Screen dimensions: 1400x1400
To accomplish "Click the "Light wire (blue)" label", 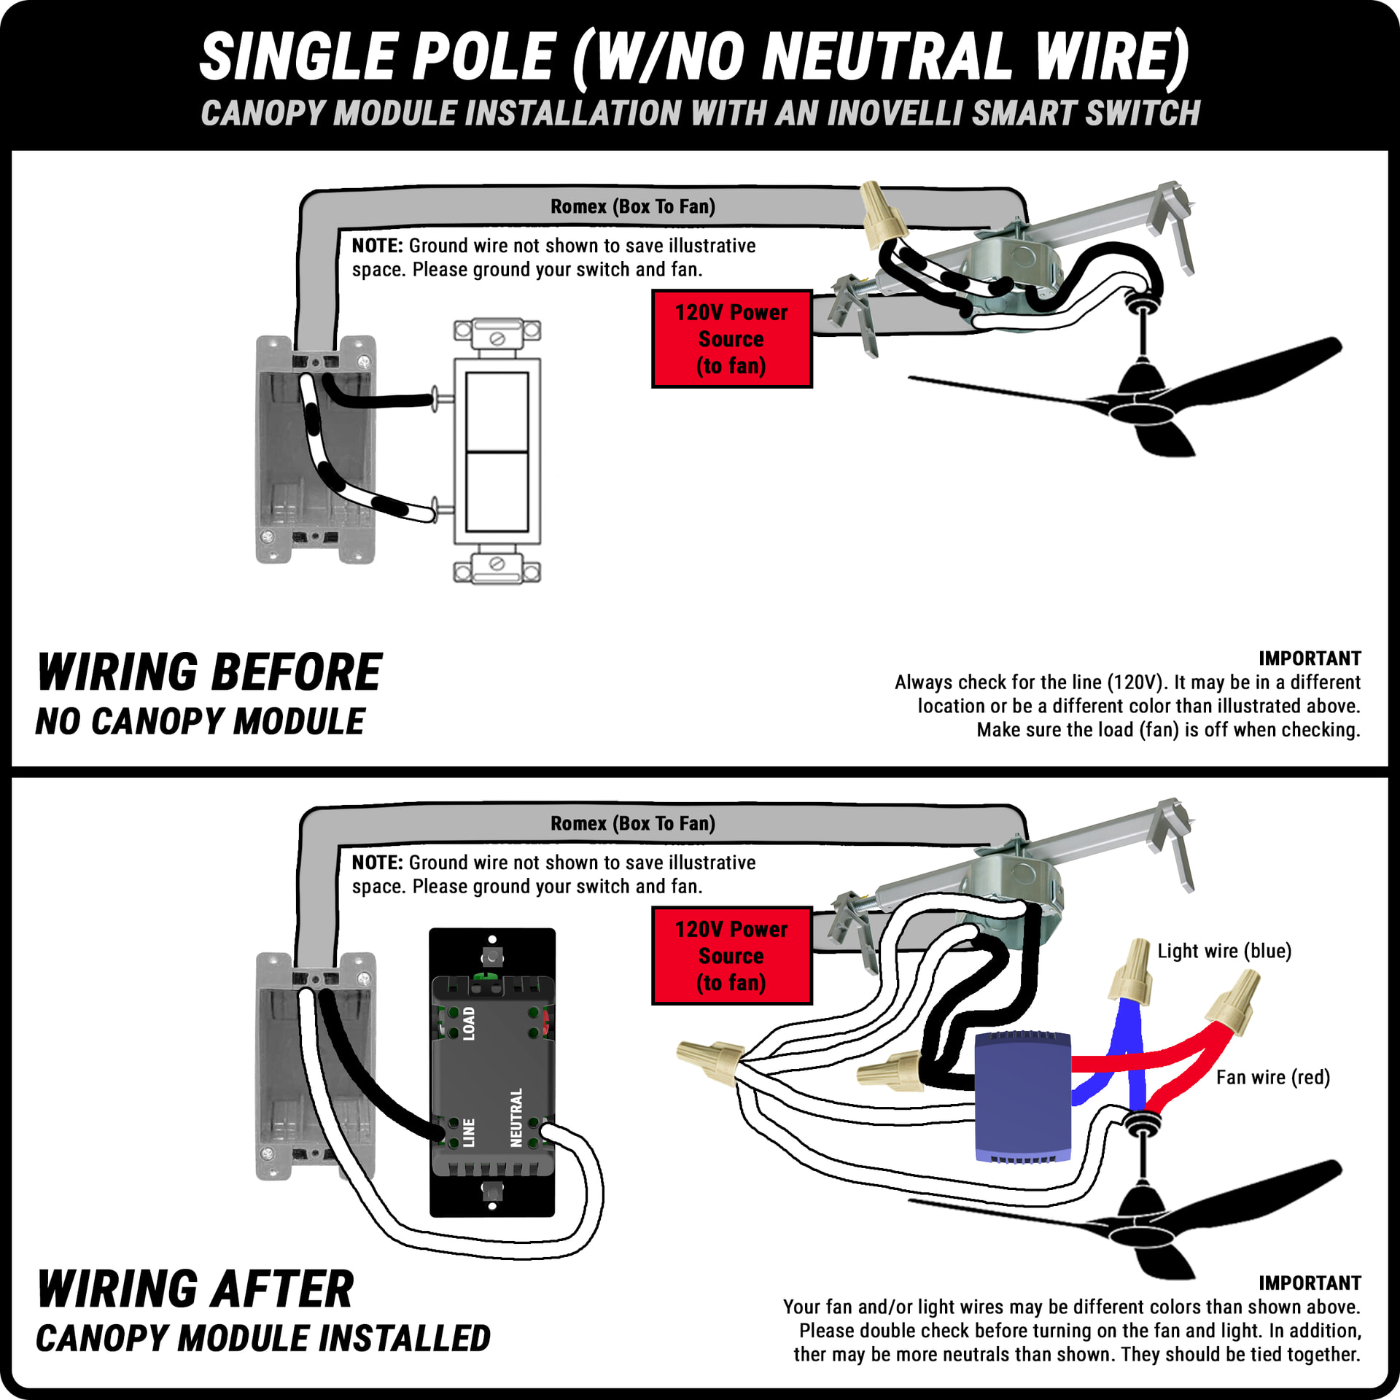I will pyautogui.click(x=1224, y=951).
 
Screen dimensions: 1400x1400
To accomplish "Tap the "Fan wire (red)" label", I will pyautogui.click(x=1272, y=1077).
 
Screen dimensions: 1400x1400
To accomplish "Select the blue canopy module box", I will pyautogui.click(x=1023, y=1096).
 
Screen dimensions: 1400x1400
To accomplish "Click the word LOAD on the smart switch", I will pyautogui.click(x=469, y=1023).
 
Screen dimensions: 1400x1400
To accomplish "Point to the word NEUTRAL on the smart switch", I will pyautogui.click(x=516, y=1117).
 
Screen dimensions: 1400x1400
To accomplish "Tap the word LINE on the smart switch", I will pyautogui.click(x=469, y=1132).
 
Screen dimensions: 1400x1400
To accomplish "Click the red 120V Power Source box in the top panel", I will pyautogui.click(x=731, y=339).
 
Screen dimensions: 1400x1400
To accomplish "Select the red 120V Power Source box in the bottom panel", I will pyautogui.click(x=731, y=956).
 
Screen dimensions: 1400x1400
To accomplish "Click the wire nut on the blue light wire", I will pyautogui.click(x=1131, y=971).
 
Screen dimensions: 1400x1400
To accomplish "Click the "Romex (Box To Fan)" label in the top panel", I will pyautogui.click(x=632, y=206).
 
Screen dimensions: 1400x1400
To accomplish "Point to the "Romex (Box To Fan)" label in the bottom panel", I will pyautogui.click(x=632, y=823).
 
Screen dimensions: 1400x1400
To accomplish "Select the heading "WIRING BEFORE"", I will pyautogui.click(x=210, y=672).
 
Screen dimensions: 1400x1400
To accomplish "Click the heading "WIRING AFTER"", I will pyautogui.click(x=195, y=1289).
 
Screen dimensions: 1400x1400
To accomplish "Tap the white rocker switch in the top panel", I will pyautogui.click(x=497, y=451).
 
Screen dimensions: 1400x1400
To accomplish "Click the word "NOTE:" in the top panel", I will pyautogui.click(x=377, y=246).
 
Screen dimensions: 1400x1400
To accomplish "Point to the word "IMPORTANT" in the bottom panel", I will pyautogui.click(x=1309, y=1283).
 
